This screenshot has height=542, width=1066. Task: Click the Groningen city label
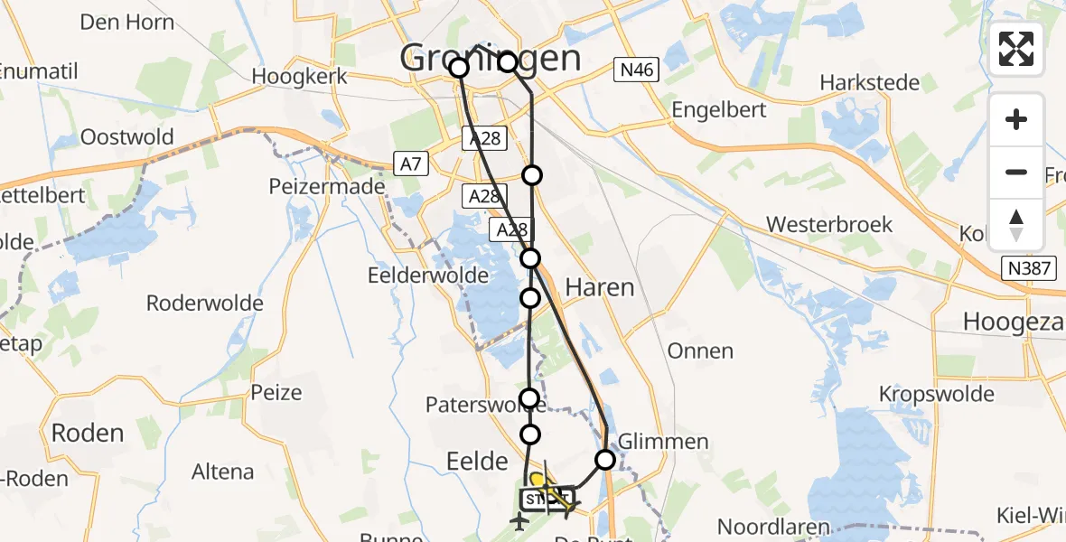click(491, 59)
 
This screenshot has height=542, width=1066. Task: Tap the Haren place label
click(599, 287)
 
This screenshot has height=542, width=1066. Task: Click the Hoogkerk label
click(300, 76)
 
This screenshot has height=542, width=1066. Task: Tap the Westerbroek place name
click(828, 224)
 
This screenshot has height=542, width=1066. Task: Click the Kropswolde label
click(937, 394)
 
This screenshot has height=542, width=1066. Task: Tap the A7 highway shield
click(409, 164)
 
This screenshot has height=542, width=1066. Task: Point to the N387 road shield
click(1033, 268)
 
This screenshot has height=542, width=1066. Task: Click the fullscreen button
click(1016, 49)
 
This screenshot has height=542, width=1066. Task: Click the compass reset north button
click(1016, 224)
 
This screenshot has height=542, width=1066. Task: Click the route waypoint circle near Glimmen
click(605, 460)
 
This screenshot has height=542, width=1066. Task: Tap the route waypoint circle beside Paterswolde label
click(530, 397)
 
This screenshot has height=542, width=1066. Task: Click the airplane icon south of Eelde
click(519, 521)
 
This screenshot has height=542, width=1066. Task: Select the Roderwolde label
click(204, 303)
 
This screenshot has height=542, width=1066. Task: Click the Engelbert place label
click(720, 110)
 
